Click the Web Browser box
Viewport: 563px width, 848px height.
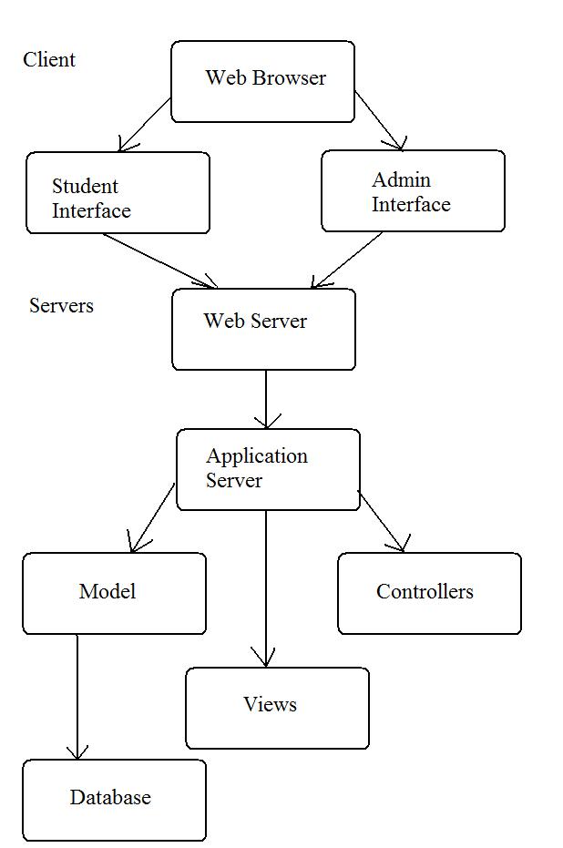[263, 82]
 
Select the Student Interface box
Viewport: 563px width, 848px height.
[118, 192]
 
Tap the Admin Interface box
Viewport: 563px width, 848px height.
[414, 191]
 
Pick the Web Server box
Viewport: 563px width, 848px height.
[264, 330]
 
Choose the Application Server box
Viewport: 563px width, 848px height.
[268, 469]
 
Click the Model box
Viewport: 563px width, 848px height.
[114, 593]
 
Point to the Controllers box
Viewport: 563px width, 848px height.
[429, 593]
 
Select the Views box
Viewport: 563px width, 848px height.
[278, 708]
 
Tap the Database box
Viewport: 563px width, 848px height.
[114, 801]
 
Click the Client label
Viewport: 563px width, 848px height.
[49, 59]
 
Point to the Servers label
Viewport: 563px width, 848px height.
[61, 305]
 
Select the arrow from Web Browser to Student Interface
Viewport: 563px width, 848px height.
[145, 125]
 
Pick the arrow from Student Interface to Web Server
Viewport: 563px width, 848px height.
[160, 261]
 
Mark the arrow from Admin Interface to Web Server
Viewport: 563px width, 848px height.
[347, 261]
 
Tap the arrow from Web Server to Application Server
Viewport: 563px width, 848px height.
[266, 400]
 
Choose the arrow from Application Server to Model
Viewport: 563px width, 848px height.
[152, 517]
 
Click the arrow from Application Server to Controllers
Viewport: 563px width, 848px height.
[382, 521]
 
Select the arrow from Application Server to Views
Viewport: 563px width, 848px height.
[265, 588]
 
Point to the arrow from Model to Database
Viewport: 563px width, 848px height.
[77, 697]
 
